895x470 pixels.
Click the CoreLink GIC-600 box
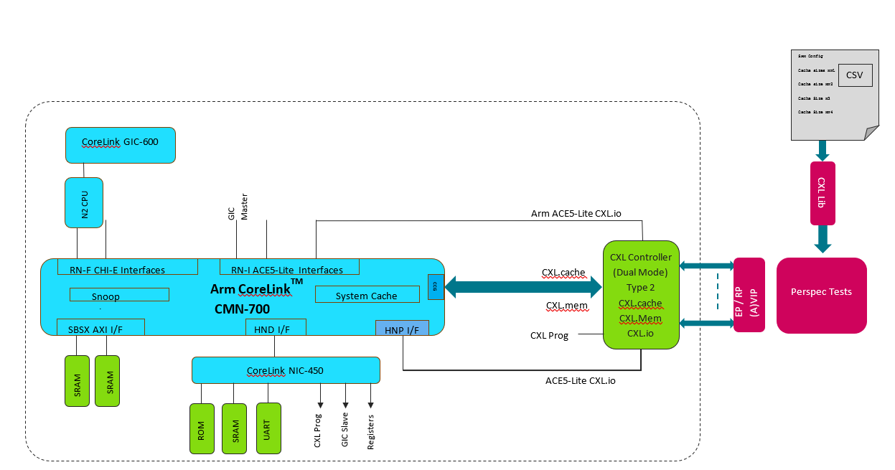pyautogui.click(x=120, y=144)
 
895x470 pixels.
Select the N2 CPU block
pyautogui.click(x=84, y=203)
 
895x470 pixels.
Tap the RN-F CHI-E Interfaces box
pyautogui.click(x=127, y=267)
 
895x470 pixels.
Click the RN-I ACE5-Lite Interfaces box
pyautogui.click(x=289, y=267)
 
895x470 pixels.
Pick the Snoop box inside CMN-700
pyautogui.click(x=119, y=295)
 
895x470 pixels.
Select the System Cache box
pyautogui.click(x=367, y=294)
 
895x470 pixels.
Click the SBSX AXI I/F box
pyautogui.click(x=100, y=327)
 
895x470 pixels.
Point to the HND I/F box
pyautogui.click(x=275, y=327)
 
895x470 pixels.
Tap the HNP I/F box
pyautogui.click(x=401, y=328)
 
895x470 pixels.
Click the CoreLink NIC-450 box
pyautogui.click(x=285, y=370)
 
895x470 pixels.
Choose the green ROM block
pyautogui.click(x=202, y=428)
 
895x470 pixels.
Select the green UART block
pyautogui.click(x=268, y=428)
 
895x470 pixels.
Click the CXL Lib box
pyautogui.click(x=822, y=193)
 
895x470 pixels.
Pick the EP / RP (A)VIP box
pyautogui.click(x=749, y=295)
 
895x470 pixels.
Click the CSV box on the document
pyautogui.click(x=855, y=75)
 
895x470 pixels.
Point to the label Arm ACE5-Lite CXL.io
pyautogui.click(x=576, y=213)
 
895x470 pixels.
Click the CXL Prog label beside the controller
pyautogui.click(x=549, y=335)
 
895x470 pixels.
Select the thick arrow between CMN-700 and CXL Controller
pyautogui.click(x=523, y=288)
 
